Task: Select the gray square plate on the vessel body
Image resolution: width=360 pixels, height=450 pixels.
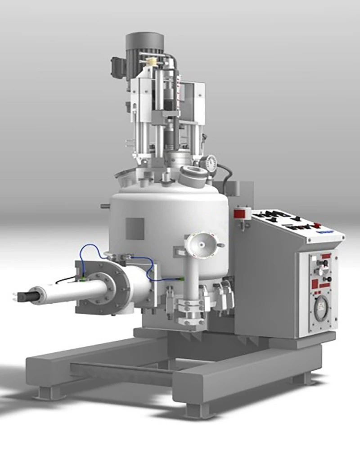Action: point(135,228)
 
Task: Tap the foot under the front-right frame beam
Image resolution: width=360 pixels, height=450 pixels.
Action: point(193,410)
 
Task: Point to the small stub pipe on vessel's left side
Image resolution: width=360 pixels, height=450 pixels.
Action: point(105,207)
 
